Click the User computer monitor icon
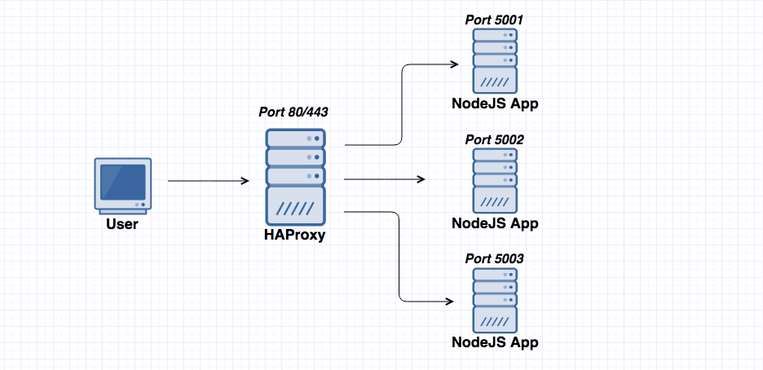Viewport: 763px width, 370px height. pyautogui.click(x=121, y=186)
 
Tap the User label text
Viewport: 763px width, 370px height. pyautogui.click(x=121, y=224)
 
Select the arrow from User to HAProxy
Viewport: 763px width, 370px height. pyautogui.click(x=208, y=181)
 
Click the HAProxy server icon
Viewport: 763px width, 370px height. pyautogui.click(x=295, y=177)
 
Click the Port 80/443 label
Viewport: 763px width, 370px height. pyautogui.click(x=294, y=113)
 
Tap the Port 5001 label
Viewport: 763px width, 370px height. pyautogui.click(x=494, y=20)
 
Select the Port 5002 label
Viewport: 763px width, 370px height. pyautogui.click(x=494, y=139)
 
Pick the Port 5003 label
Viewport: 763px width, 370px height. pyautogui.click(x=494, y=258)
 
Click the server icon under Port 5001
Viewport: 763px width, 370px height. pyautogui.click(x=495, y=62)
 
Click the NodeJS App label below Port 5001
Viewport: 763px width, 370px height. pyautogui.click(x=495, y=104)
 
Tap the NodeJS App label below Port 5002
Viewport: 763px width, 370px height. pyautogui.click(x=495, y=223)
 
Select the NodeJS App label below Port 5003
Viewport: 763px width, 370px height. pyautogui.click(x=495, y=342)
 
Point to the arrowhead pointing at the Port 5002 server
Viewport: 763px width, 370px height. pyautogui.click(x=421, y=179)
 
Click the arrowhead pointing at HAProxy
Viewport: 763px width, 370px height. pyautogui.click(x=245, y=181)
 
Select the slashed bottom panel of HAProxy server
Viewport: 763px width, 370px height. pyautogui.click(x=295, y=208)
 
